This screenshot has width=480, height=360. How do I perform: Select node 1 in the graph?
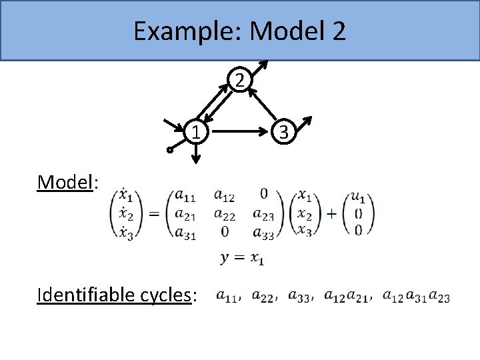[195, 132]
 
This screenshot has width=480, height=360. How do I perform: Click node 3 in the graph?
[283, 132]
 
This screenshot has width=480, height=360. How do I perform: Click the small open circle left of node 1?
[170, 151]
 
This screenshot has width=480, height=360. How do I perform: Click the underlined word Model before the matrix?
[64, 181]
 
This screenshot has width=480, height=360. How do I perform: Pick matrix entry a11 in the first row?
[185, 195]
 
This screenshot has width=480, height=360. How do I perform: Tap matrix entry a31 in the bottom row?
[185, 231]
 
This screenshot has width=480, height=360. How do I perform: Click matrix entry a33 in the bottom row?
[263, 231]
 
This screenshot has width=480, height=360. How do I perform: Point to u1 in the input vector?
[358, 197]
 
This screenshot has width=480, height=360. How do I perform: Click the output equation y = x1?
[241, 259]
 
